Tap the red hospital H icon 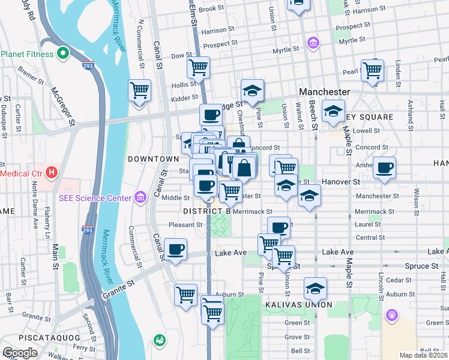click(52, 173)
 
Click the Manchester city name click(324, 92)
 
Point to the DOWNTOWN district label click(153, 159)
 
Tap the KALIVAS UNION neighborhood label click(298, 305)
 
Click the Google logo click(20, 353)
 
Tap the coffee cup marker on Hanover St click(385, 167)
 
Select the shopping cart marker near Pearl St click(372, 70)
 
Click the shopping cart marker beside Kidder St click(139, 91)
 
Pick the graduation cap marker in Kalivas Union click(315, 289)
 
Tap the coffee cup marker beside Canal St click(175, 249)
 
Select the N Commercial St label click(142, 41)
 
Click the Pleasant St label click(185, 225)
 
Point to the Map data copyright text click(423, 355)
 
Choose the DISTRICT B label click(207, 212)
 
